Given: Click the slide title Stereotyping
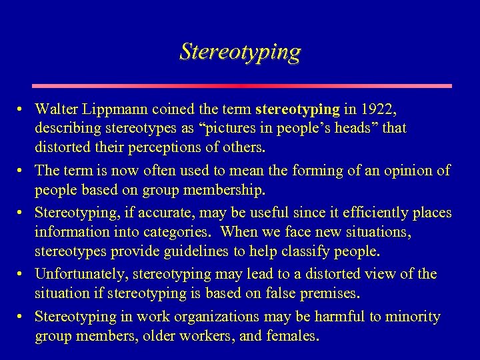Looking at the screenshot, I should pos(240,52).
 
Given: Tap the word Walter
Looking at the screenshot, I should pos(56,109).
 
